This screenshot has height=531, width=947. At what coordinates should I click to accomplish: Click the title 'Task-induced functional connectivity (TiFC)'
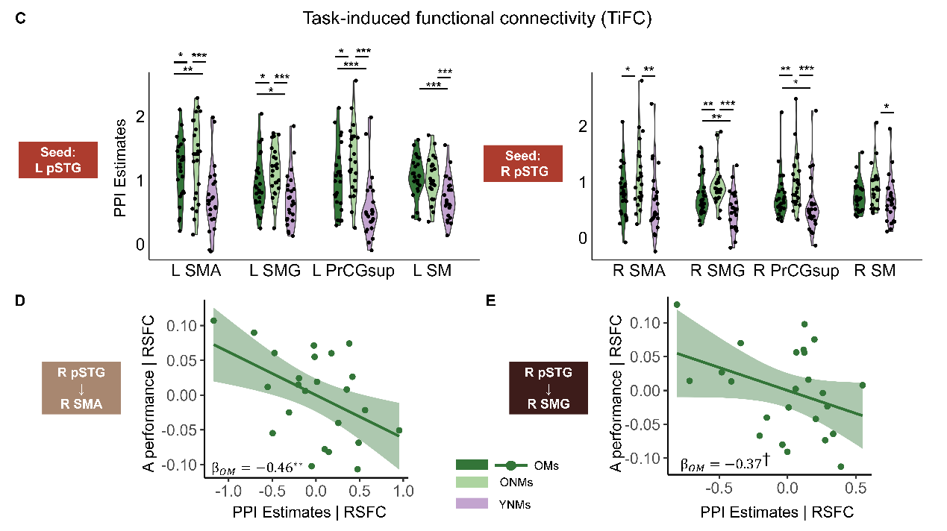(477, 19)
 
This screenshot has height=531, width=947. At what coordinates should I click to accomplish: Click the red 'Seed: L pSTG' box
(58, 160)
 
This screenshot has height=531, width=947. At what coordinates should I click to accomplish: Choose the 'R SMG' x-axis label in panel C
(717, 271)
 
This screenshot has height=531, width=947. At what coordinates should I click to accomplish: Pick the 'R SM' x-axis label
(875, 271)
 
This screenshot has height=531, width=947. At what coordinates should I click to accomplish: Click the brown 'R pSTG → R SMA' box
(81, 388)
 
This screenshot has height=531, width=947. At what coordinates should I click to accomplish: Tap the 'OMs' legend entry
(551, 465)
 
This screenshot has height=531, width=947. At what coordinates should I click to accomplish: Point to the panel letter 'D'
(22, 301)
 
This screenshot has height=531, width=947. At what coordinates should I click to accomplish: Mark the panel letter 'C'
(22, 19)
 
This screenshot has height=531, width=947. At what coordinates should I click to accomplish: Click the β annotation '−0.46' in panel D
(258, 467)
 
